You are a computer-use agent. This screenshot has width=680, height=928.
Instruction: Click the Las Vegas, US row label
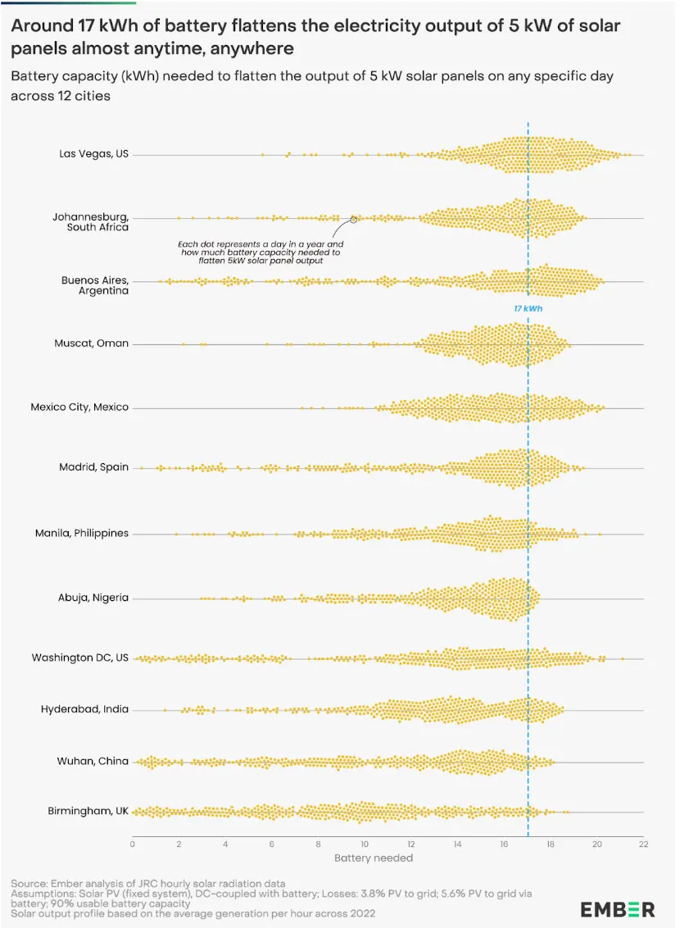tap(93, 154)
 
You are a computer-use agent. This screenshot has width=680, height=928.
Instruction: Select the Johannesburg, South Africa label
tap(90, 222)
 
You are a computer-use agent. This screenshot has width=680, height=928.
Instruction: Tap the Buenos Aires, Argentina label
tap(94, 285)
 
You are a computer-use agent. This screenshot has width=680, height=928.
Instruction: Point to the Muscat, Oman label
tap(91, 343)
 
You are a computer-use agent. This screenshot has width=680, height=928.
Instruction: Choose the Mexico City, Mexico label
tap(79, 407)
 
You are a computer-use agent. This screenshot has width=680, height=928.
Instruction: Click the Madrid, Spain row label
tap(93, 467)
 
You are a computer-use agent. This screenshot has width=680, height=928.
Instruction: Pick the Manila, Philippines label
tap(81, 533)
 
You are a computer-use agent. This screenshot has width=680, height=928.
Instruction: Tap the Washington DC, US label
tap(79, 657)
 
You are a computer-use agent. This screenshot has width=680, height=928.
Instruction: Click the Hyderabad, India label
tap(84, 709)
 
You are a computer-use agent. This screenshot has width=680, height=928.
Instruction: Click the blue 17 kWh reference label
tap(528, 309)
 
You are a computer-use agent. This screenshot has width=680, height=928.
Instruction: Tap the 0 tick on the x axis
tap(133, 844)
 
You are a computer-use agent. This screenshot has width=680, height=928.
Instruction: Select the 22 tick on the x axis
tap(643, 844)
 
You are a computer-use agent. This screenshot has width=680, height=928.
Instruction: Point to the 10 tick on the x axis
tap(365, 844)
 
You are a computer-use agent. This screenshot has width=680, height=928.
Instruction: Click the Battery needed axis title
tap(374, 857)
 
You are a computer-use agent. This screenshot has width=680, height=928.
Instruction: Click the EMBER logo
tap(618, 909)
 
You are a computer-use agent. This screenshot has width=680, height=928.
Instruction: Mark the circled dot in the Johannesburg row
tap(353, 219)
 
